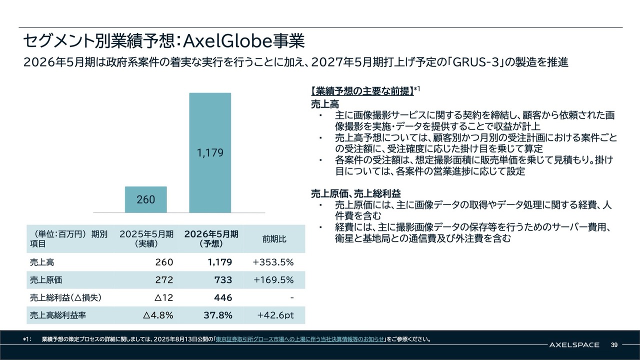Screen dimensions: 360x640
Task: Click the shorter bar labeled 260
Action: (145, 199)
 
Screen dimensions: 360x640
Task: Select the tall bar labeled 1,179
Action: (210, 152)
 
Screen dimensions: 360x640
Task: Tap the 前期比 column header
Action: (274, 239)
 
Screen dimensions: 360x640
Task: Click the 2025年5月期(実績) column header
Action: (146, 239)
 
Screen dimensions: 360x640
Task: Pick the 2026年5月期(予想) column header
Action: (211, 239)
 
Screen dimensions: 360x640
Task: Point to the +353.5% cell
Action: (273, 262)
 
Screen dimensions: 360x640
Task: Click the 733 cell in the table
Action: (223, 280)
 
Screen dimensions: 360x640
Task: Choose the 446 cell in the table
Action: (223, 297)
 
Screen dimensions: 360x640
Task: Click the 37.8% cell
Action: (218, 315)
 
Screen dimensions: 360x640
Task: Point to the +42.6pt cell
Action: (275, 315)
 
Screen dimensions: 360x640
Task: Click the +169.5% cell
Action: (273, 280)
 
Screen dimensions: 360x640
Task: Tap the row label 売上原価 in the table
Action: (45, 280)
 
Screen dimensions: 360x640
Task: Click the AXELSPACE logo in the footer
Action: (574, 344)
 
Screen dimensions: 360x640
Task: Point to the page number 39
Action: (614, 344)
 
